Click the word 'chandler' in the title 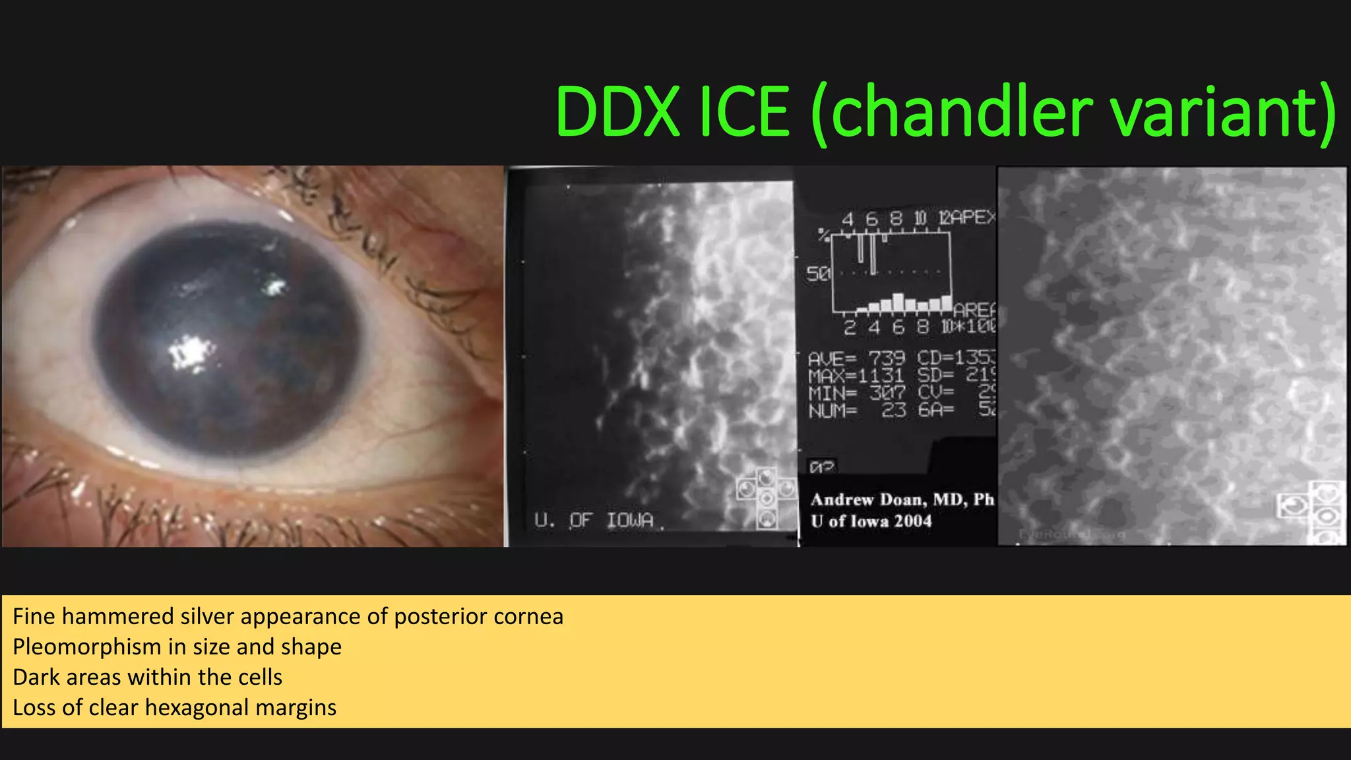point(960,112)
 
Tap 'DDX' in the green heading point(617,112)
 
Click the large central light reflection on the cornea point(192,352)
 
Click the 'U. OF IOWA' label point(594,521)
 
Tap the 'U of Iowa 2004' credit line point(871,521)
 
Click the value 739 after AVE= point(887,358)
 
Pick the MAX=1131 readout point(856,376)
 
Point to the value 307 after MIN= point(887,393)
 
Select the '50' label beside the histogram point(818,273)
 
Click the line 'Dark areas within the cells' point(147,678)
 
